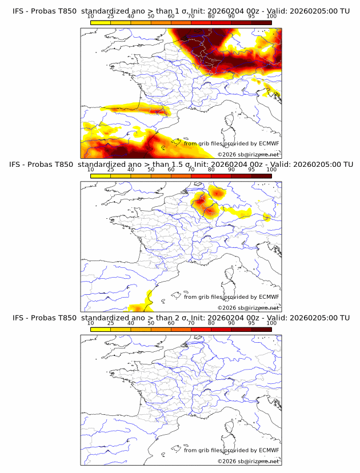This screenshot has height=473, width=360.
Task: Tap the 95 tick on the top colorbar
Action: tap(251, 16)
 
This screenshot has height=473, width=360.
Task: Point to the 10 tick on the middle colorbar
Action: tap(91, 170)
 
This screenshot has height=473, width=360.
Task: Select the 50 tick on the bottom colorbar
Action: tap(151, 323)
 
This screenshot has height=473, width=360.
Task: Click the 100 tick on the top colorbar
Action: tap(271, 16)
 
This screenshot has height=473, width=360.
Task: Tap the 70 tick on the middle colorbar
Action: tap(191, 170)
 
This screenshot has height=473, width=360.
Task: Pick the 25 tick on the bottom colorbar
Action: tap(111, 323)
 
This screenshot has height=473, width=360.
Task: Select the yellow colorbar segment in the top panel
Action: tap(101, 23)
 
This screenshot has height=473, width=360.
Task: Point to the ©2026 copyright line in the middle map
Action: tap(248, 307)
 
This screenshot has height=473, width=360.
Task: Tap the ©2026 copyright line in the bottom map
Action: tap(248, 461)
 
